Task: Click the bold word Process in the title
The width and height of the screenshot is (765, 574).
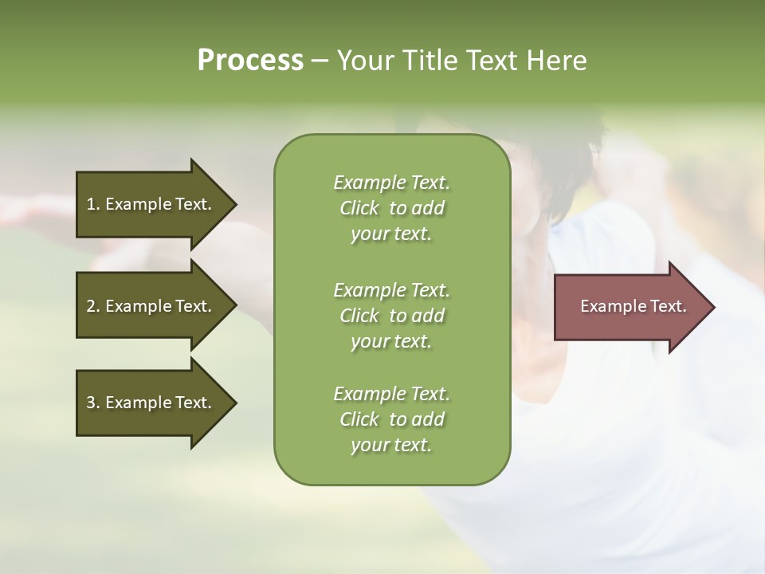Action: tap(250, 61)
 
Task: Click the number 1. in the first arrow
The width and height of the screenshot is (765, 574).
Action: tap(93, 204)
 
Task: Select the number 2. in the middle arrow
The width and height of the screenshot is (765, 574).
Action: tap(93, 306)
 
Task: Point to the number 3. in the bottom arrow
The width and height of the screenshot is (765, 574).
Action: tap(93, 403)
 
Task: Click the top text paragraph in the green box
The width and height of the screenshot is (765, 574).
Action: tap(391, 208)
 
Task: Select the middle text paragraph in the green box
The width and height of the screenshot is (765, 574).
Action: tap(391, 315)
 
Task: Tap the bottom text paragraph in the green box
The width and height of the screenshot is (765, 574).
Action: tap(391, 419)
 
